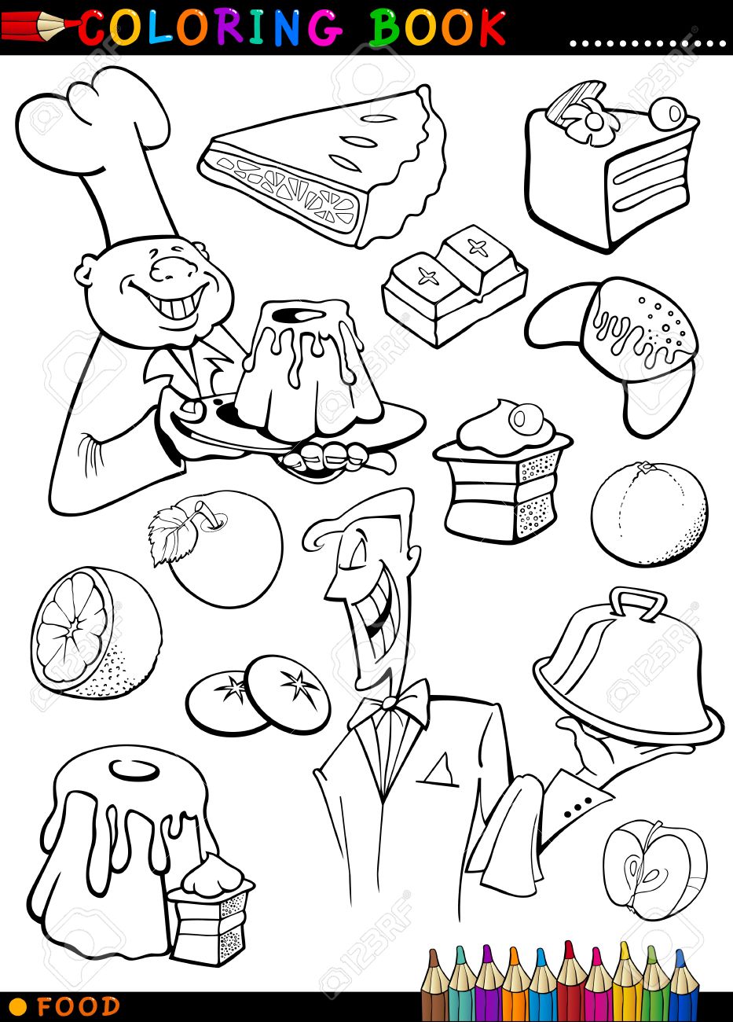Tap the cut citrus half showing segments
point(96,632)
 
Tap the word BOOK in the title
point(437,28)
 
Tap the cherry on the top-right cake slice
point(667,112)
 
